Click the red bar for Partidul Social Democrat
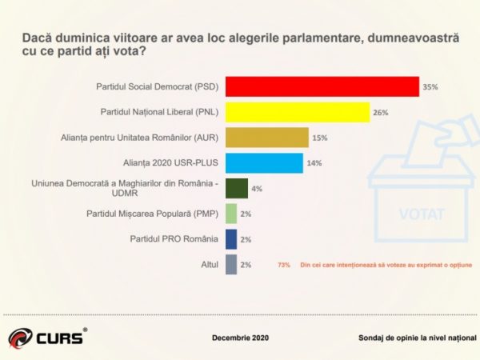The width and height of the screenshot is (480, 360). pos(322,86)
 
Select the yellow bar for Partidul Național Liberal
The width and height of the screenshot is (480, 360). pos(298,111)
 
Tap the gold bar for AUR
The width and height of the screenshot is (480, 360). pos(267,138)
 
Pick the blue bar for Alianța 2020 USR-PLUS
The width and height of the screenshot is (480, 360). pos(264,163)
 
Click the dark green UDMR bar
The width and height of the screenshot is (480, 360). pos(237,188)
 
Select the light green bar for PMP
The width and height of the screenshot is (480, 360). pos(231,214)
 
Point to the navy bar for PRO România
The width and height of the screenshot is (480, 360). pos(231,238)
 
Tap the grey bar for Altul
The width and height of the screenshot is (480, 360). pos(231,264)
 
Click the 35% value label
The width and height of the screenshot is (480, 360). pos(430,87)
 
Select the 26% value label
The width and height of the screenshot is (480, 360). pos(380,113)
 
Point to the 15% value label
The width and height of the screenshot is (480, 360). pos(320,138)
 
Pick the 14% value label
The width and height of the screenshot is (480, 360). pos(314,164)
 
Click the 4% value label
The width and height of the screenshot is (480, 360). pos(257,189)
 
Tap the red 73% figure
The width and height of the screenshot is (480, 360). pos(283,264)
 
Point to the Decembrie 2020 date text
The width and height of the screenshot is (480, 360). pos(240,338)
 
